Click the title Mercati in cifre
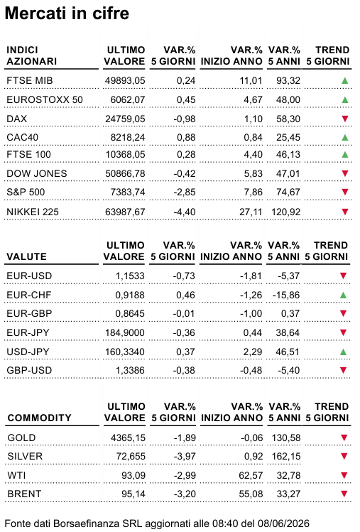pos(67,13)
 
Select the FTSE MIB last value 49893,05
pos(125,81)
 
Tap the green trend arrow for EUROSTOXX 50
pos(344,99)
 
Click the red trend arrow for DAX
pos(344,119)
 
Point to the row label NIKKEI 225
pos(33,212)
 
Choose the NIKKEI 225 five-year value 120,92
pos(285,212)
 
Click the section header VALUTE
pos(26,256)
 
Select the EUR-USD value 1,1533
pos(130,276)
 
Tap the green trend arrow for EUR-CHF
pos(343,295)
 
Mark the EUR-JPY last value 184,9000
pos(125,333)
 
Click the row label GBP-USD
pos(29,370)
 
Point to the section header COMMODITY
pos(39,418)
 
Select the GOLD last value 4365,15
pos(128,438)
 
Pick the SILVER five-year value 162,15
pos(286,456)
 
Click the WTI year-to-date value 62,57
pos(251,475)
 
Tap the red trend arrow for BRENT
pos(344,494)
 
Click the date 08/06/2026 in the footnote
pos(283,523)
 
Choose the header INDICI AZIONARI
pos(31,55)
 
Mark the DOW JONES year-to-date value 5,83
pos(253,174)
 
